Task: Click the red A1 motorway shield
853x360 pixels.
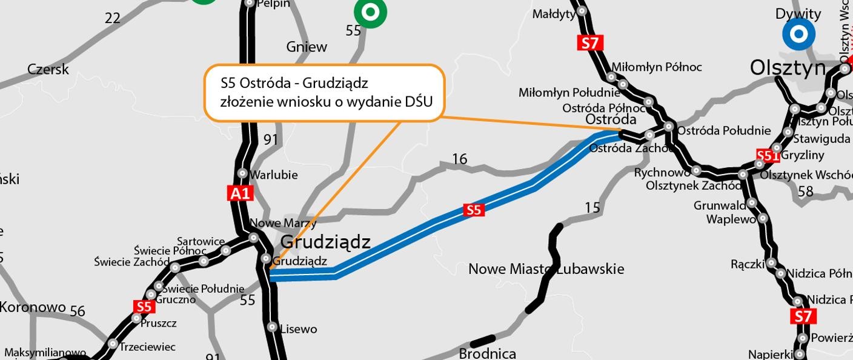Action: pos(240,193)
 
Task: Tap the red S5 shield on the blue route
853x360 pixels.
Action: pos(474,210)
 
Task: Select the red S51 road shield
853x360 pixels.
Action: pos(768,156)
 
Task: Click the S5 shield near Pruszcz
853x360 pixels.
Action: pos(144,306)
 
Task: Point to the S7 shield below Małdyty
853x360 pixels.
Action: pos(590,43)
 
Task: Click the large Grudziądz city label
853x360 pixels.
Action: pos(325,242)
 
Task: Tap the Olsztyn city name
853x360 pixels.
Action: pos(787,68)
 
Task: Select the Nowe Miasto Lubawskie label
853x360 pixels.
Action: pos(546,268)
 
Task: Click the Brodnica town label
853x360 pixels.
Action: pos(487,353)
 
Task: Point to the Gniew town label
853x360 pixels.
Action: pos(307,47)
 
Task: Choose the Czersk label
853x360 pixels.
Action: pos(48,70)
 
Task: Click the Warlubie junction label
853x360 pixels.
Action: pos(274,175)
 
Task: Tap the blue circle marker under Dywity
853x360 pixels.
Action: pos(798,34)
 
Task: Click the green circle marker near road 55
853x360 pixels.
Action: pos(370,12)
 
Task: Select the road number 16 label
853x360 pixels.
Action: pos(460,159)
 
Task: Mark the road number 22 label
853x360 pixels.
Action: pos(113,18)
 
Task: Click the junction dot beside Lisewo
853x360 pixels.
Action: pos(273,327)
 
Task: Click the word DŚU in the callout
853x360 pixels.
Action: pos(419,101)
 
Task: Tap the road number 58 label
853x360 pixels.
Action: pos(805,192)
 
